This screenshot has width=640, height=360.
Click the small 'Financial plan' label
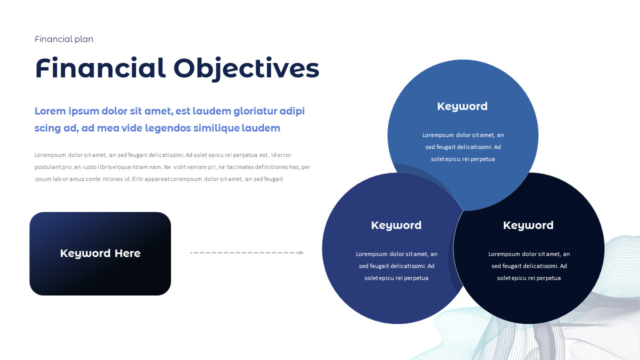[64, 39]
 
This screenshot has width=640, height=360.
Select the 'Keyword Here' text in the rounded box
[100, 253]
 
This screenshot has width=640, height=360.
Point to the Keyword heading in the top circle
[462, 106]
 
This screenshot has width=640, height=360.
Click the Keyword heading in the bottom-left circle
[396, 225]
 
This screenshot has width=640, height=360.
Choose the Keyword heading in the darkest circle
[528, 225]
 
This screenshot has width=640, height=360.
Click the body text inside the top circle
[463, 147]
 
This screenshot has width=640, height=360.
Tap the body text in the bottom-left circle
[396, 266]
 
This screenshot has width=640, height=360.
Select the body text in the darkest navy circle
[529, 266]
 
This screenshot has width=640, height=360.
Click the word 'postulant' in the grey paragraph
[47, 167]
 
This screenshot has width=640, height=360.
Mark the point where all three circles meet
[463, 210]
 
